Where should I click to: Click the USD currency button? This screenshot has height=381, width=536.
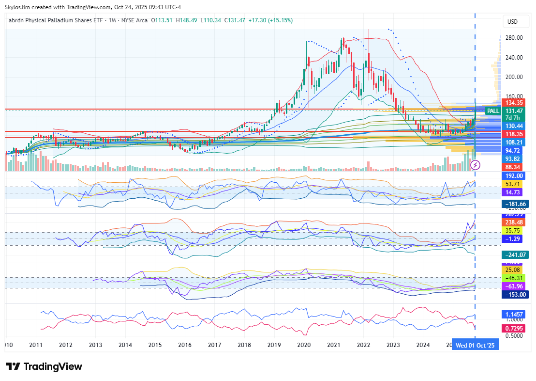512,22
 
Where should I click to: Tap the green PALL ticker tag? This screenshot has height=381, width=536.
493,111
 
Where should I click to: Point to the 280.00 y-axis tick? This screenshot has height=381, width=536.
513,38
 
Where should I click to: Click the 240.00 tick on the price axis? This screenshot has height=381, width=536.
513,57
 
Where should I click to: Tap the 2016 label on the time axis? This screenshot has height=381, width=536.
185,345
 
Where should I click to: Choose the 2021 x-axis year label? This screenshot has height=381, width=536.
334,345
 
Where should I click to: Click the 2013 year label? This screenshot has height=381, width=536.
95,345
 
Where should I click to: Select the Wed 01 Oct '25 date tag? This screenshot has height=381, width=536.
475,345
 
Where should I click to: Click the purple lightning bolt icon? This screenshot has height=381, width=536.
476,165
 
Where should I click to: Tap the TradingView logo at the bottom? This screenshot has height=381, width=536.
44,366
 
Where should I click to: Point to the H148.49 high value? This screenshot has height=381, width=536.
186,20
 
